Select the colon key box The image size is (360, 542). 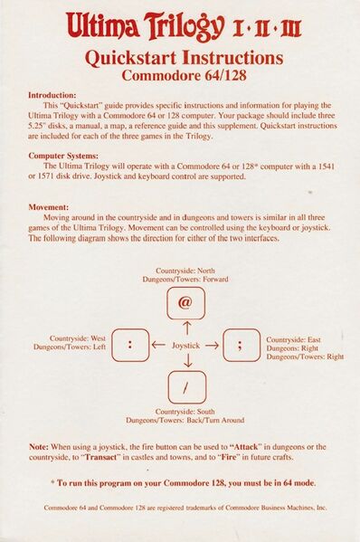coord(131,344)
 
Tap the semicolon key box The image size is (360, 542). coord(240,344)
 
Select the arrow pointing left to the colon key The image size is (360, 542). coord(159,345)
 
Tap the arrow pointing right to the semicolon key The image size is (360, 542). coord(213,345)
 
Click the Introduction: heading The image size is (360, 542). coord(57,94)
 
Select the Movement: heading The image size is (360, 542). coord(49,207)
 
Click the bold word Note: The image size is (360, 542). coord(39,447)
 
